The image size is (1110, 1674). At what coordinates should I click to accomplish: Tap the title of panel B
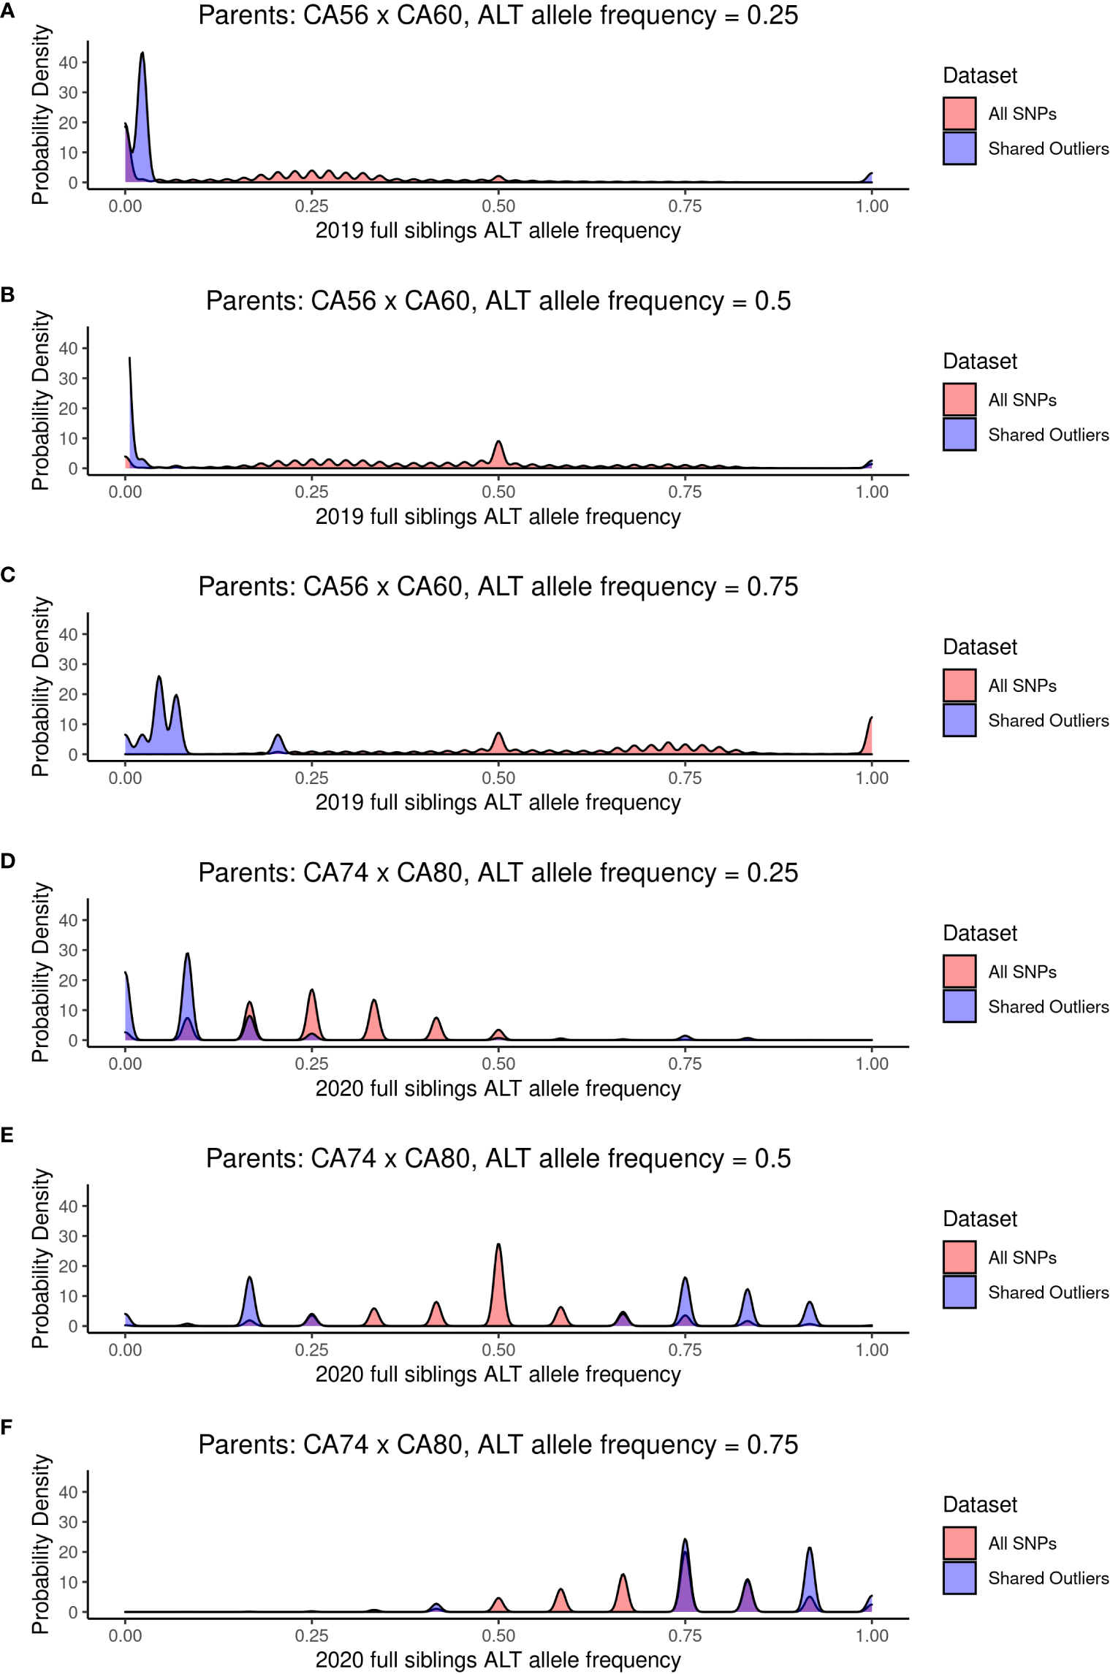click(498, 301)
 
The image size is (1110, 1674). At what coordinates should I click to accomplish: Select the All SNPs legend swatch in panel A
click(959, 113)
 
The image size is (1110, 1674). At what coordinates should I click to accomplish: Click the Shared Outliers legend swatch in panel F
click(959, 1578)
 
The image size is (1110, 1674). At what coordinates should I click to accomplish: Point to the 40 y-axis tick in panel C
click(68, 634)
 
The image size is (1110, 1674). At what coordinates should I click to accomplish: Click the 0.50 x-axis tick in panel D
click(498, 1064)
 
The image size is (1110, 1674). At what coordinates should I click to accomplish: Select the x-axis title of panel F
click(498, 1659)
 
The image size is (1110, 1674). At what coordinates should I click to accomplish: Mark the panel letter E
click(7, 1135)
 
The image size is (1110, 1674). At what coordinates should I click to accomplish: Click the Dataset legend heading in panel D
click(979, 933)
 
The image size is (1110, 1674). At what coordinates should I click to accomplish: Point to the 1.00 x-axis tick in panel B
click(872, 492)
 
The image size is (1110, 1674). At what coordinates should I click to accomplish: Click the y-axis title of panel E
click(41, 1258)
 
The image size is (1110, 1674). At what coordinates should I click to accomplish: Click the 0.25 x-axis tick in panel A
click(312, 206)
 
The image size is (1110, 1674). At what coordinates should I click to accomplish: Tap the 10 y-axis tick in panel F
click(68, 1582)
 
